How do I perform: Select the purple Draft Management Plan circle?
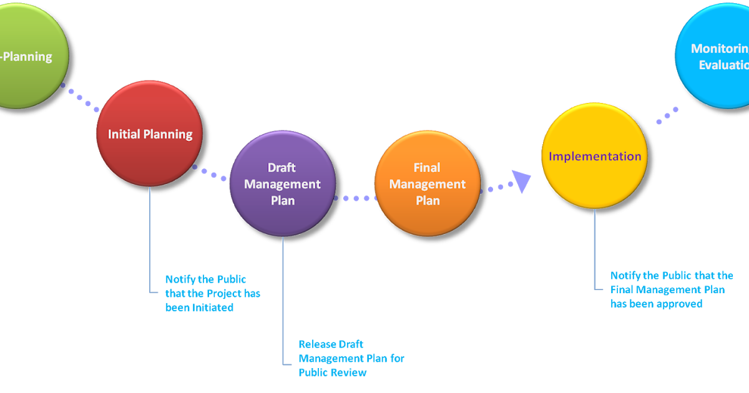pyautogui.click(x=282, y=183)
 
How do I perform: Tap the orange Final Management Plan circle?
pyautogui.click(x=428, y=183)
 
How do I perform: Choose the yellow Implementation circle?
pyautogui.click(x=594, y=156)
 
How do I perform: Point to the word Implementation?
pyautogui.click(x=594, y=156)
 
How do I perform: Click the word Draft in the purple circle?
pyautogui.click(x=282, y=167)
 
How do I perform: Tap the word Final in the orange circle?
pyautogui.click(x=427, y=167)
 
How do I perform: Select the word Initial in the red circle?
pyautogui.click(x=124, y=134)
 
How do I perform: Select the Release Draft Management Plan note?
pyautogui.click(x=351, y=358)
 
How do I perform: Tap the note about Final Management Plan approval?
pyautogui.click(x=671, y=289)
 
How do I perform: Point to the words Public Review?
pyautogui.click(x=332, y=372)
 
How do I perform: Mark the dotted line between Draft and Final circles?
pyautogui.click(x=355, y=198)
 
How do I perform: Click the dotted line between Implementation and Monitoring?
pyautogui.click(x=667, y=115)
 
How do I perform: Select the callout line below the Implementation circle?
pyautogui.click(x=595, y=250)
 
